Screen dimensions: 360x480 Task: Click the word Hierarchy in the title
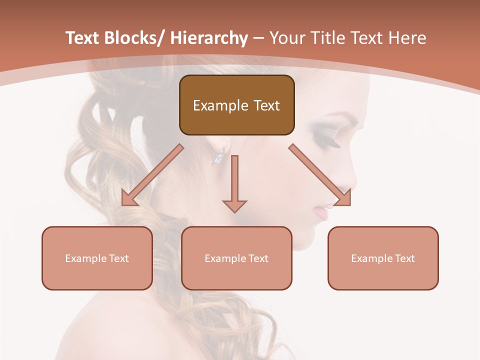209,38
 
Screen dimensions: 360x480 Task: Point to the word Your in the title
286,38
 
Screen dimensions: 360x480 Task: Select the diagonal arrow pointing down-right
320,175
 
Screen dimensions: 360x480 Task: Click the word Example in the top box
220,105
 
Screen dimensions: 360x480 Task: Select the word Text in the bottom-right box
404,258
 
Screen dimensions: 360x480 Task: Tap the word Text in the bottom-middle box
258,258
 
